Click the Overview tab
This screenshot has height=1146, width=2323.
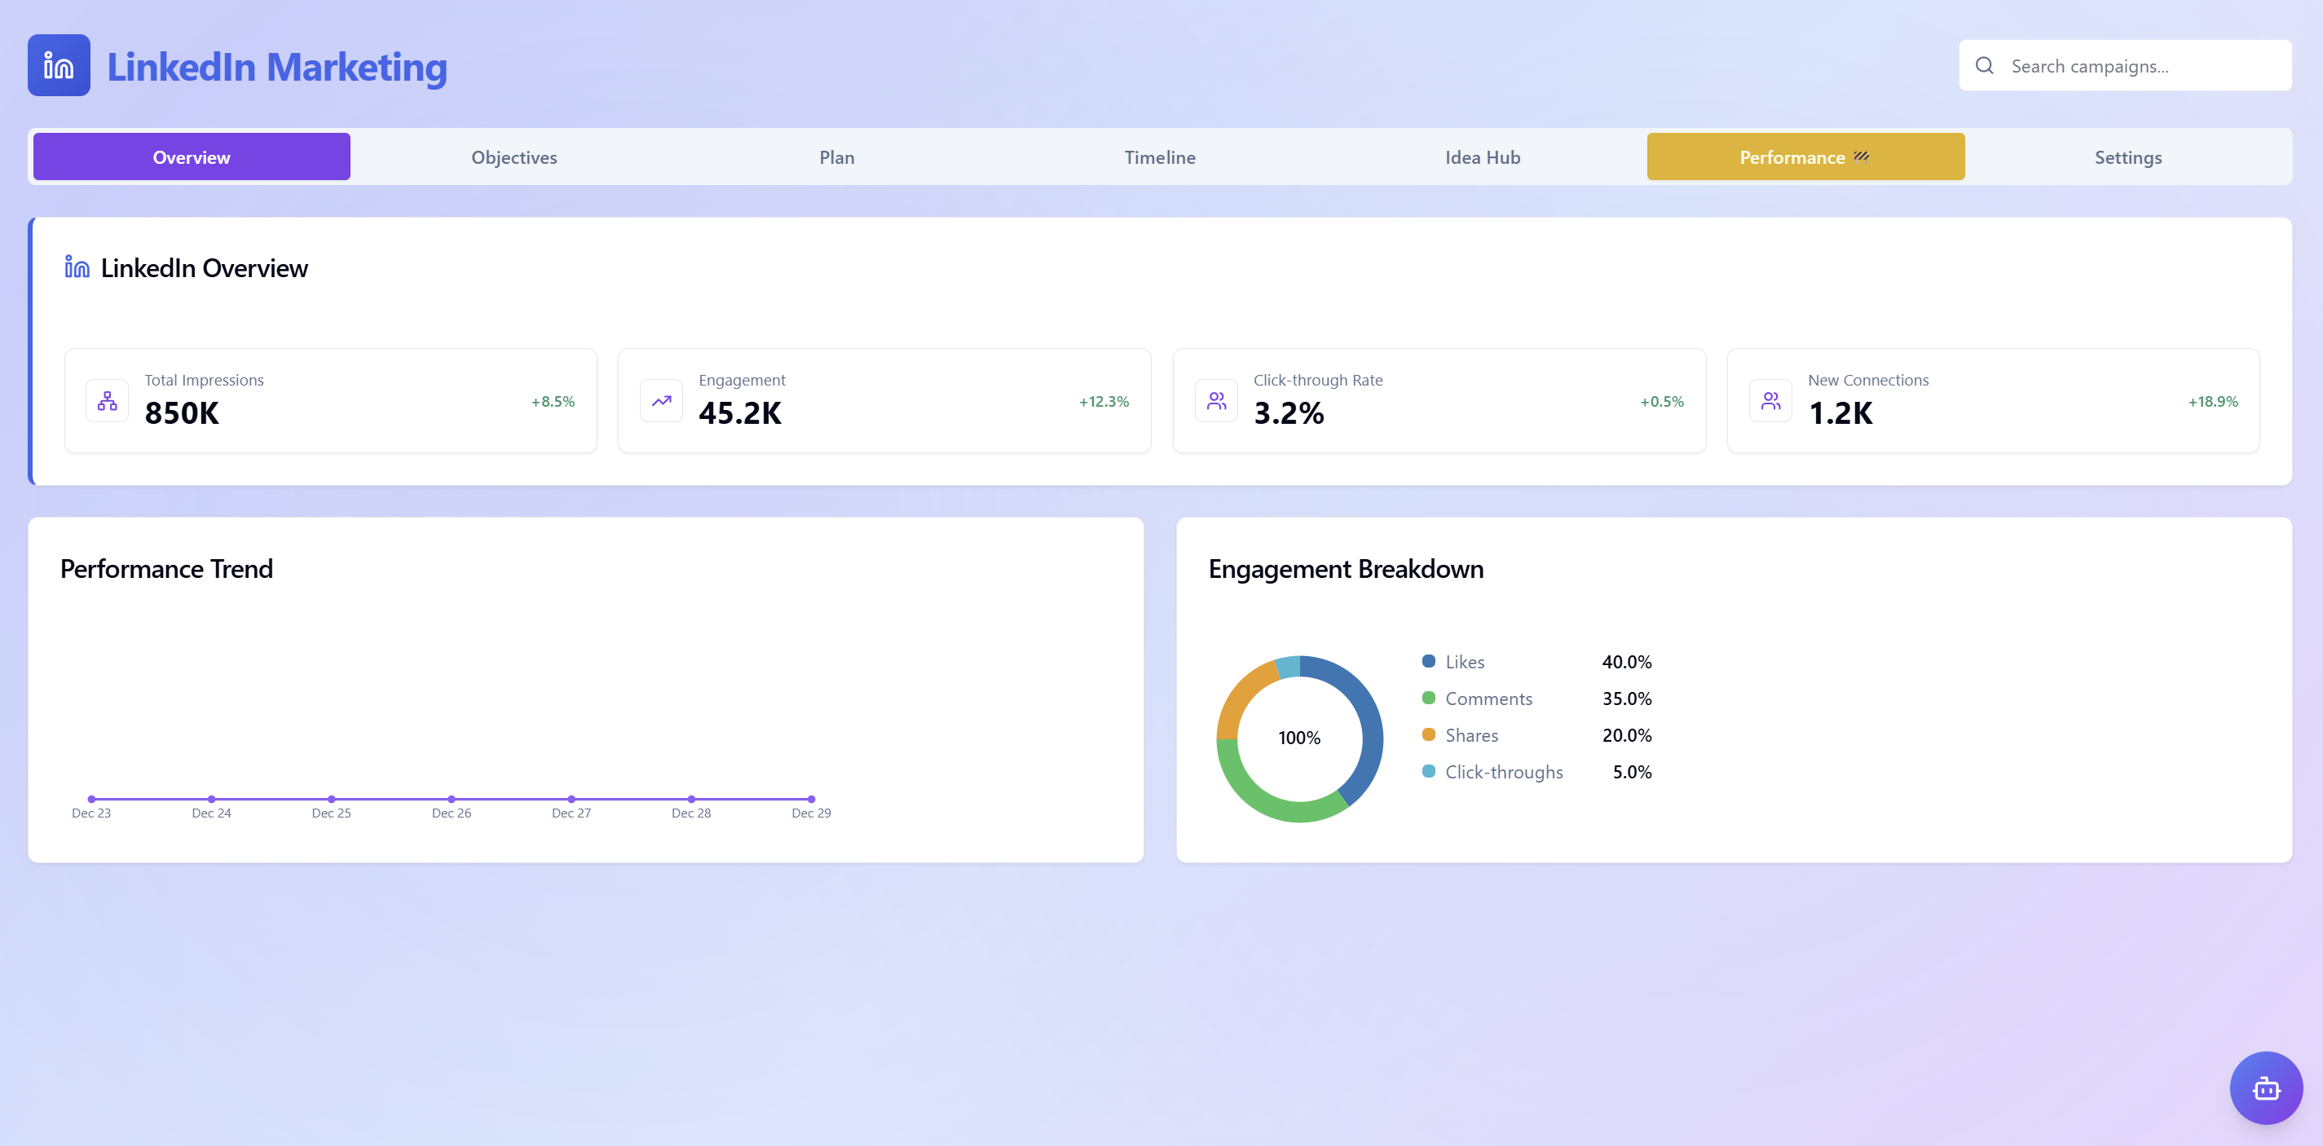(x=192, y=156)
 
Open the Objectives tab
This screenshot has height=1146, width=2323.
(x=514, y=156)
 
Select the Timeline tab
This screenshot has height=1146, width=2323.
(x=1159, y=156)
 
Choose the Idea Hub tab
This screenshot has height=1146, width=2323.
(x=1482, y=156)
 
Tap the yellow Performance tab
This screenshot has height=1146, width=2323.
(x=1805, y=156)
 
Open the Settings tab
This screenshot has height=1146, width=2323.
(x=2127, y=156)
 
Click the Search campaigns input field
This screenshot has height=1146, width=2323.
(x=2137, y=66)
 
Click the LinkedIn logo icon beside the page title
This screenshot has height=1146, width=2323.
(x=59, y=66)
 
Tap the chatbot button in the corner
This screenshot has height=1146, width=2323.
(x=2265, y=1087)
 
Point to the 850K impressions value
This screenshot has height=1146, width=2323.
(x=181, y=413)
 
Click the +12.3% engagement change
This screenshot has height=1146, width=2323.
(x=1103, y=401)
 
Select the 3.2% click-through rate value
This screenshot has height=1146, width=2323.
(x=1288, y=413)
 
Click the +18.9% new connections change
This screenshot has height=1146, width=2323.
(x=2212, y=401)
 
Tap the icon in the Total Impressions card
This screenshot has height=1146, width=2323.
(x=108, y=400)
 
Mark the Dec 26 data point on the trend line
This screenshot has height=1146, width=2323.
(x=451, y=799)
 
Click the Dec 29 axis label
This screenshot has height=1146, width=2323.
(x=811, y=813)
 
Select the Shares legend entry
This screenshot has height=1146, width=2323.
(x=1470, y=735)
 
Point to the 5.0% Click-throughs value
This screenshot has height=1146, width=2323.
(x=1631, y=772)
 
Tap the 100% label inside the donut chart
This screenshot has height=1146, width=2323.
(x=1298, y=738)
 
